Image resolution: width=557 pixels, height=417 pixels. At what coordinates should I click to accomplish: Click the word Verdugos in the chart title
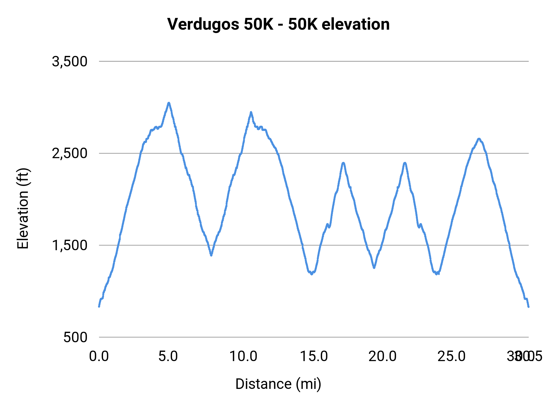point(203,24)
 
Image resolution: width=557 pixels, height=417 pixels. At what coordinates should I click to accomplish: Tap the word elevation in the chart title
point(356,24)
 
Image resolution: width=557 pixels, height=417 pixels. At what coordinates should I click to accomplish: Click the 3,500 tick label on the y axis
point(70,62)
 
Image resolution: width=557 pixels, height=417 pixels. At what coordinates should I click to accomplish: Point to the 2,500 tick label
point(70,154)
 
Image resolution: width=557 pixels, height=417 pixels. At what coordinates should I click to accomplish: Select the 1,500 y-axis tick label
point(70,246)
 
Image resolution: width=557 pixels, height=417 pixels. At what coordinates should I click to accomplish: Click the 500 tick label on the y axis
point(76,337)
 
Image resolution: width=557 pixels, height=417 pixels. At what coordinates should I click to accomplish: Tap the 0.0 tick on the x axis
point(99,356)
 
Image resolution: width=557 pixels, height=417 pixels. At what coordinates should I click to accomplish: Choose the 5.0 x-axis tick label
point(168,356)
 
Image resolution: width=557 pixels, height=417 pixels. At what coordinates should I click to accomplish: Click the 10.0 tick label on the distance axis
point(243,356)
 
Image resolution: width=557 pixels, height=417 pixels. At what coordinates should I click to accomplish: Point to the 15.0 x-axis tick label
point(314,356)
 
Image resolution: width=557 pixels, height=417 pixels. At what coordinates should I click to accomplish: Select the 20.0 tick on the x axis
point(382,356)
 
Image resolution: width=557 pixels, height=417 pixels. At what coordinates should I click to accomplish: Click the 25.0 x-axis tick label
point(451,356)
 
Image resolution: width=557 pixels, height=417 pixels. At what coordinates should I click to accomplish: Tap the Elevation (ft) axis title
point(23,208)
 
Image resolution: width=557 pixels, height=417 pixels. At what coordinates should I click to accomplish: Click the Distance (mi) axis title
point(278,384)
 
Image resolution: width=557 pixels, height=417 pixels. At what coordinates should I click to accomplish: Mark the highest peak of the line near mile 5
point(169,103)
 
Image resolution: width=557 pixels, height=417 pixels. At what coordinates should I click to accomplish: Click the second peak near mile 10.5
point(251,112)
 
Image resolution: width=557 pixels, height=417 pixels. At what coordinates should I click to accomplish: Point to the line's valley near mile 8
point(211,255)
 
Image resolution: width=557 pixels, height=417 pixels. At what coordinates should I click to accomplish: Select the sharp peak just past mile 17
point(343,163)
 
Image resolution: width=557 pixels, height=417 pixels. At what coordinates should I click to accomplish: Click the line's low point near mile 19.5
point(374,267)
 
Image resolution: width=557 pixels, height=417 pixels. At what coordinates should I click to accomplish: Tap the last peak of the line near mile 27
point(479,139)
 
